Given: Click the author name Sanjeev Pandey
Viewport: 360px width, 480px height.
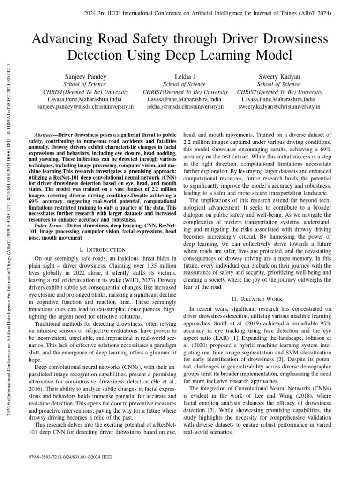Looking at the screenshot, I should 85,76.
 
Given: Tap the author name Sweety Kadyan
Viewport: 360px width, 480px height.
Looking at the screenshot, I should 279,76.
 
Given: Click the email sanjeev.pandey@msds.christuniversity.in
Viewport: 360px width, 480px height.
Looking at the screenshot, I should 85,107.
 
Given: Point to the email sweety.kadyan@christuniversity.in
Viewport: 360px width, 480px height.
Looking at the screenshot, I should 279,107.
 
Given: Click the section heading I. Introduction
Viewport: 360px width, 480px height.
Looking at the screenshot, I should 103,250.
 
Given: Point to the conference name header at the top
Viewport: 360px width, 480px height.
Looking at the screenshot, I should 180,13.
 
